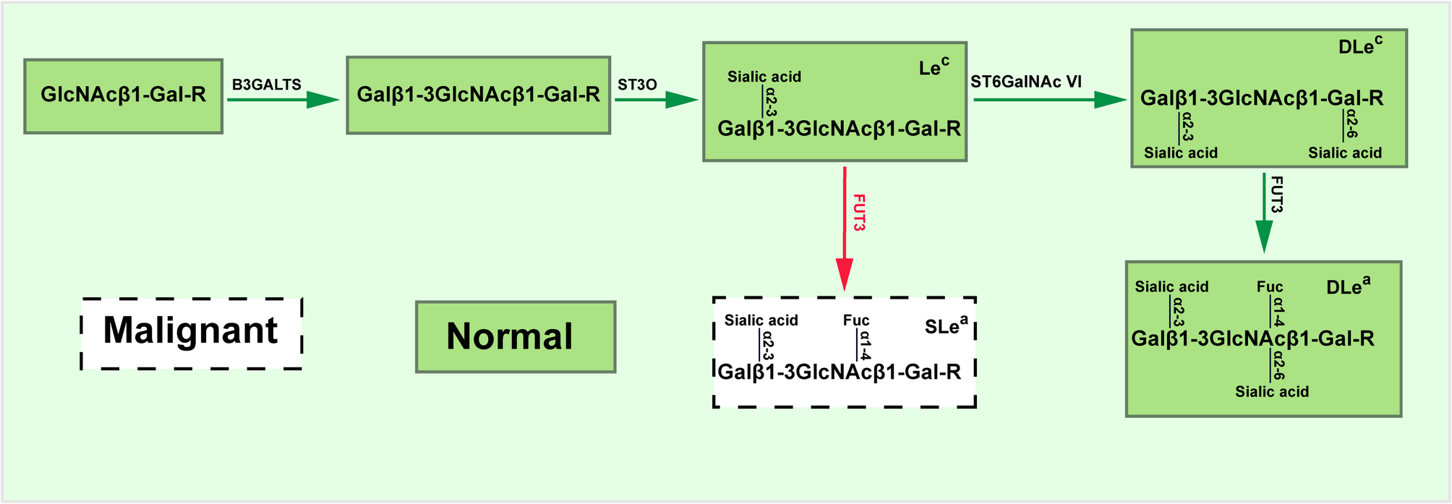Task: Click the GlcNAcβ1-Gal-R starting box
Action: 123,96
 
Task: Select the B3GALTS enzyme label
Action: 266,85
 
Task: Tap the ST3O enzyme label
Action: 637,85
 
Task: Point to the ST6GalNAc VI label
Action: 1025,82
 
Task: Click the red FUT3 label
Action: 859,213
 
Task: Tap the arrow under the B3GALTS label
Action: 283,100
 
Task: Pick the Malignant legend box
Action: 191,333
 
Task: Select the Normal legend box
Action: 516,337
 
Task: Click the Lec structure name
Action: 934,67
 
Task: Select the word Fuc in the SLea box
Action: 856,320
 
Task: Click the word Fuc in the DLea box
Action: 1270,286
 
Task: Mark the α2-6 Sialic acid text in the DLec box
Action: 1345,153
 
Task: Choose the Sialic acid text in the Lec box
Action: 764,77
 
